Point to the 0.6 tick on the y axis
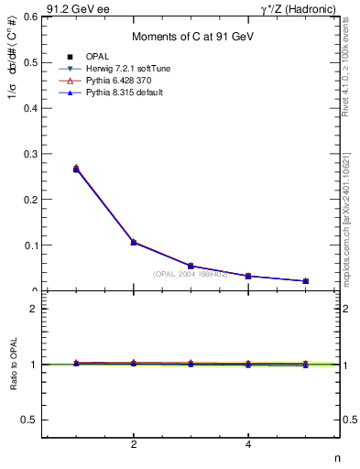tap(30, 16)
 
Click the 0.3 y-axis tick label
tap(30, 153)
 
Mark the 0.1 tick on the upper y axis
tap(30, 245)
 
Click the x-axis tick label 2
tap(134, 444)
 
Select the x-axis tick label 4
tap(248, 444)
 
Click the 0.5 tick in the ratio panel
tap(30, 420)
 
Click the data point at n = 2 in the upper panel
tap(134, 242)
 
